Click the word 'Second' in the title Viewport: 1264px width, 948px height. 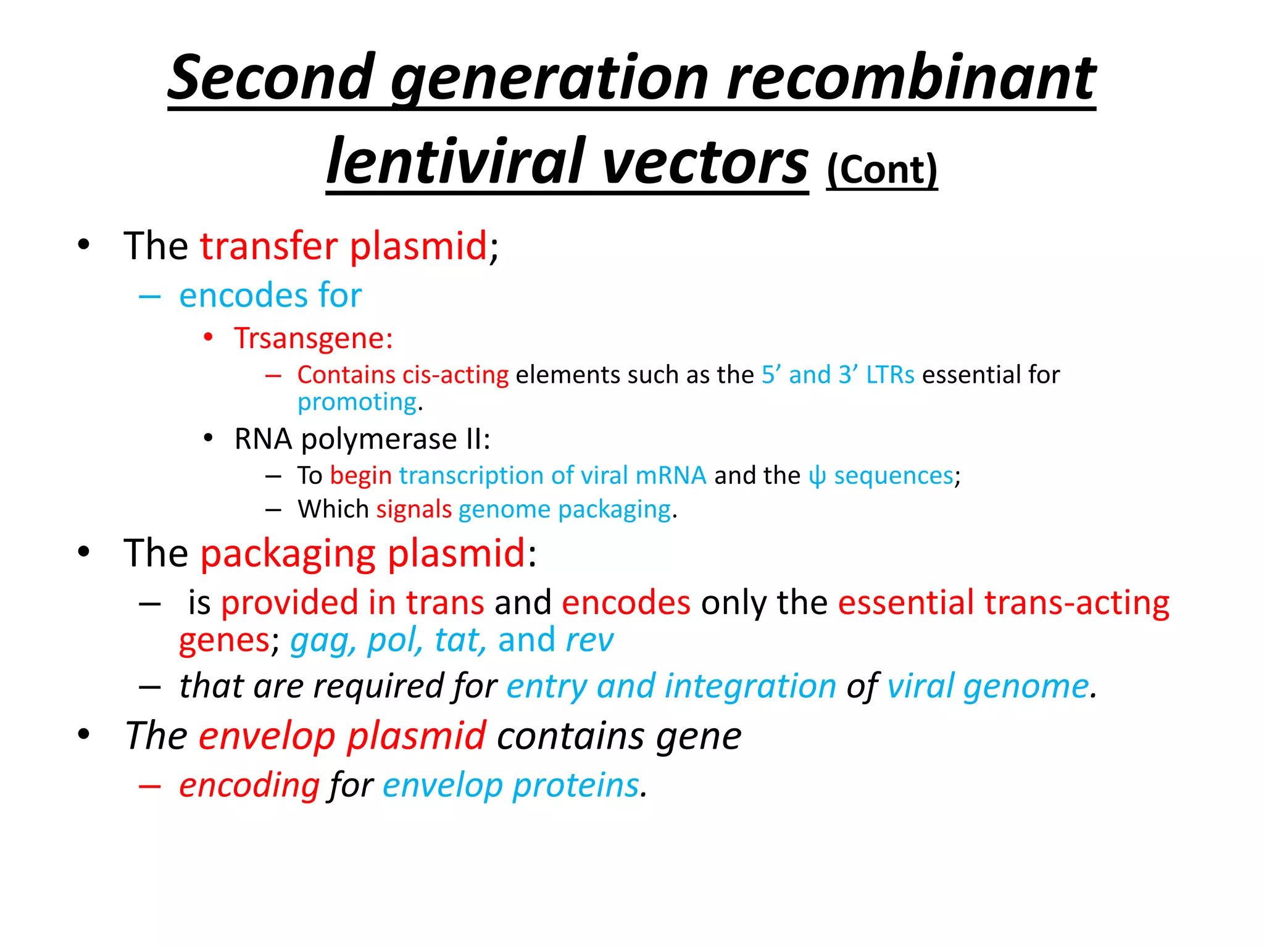[272, 78]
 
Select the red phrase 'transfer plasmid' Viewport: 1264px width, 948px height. [344, 246]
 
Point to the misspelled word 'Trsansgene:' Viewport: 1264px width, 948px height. [314, 339]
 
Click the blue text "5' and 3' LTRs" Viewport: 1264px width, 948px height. [838, 375]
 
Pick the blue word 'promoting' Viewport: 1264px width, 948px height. [357, 402]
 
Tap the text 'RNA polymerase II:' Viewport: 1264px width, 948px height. [362, 439]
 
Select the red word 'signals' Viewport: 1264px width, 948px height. [414, 510]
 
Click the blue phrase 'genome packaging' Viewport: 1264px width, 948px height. [564, 510]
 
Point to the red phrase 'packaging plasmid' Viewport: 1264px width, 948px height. [363, 553]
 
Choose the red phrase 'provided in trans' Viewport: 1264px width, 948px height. [352, 602]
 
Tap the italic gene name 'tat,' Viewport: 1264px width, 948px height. [460, 640]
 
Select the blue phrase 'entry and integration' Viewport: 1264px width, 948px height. [671, 686]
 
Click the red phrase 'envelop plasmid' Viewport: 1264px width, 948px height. [343, 736]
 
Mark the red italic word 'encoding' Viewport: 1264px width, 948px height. [249, 786]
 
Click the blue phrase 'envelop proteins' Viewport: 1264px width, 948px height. [510, 786]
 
